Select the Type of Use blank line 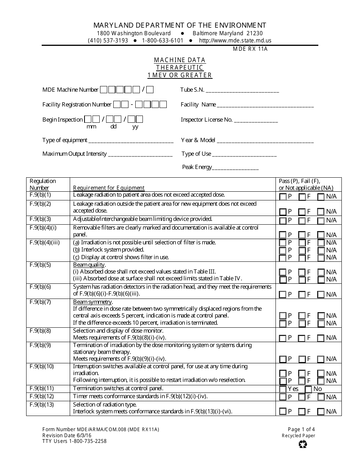click(244, 155)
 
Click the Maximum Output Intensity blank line click(140, 155)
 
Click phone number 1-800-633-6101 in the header click(163, 41)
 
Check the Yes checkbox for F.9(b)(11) click(283, 389)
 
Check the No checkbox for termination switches click(308, 389)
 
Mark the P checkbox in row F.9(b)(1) click(283, 197)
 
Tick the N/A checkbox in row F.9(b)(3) click(321, 220)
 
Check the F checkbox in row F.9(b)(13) click(302, 411)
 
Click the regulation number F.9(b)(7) click(40, 302)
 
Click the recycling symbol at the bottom click(303, 444)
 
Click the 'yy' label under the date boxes click(135, 127)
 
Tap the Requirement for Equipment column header click(109, 188)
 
